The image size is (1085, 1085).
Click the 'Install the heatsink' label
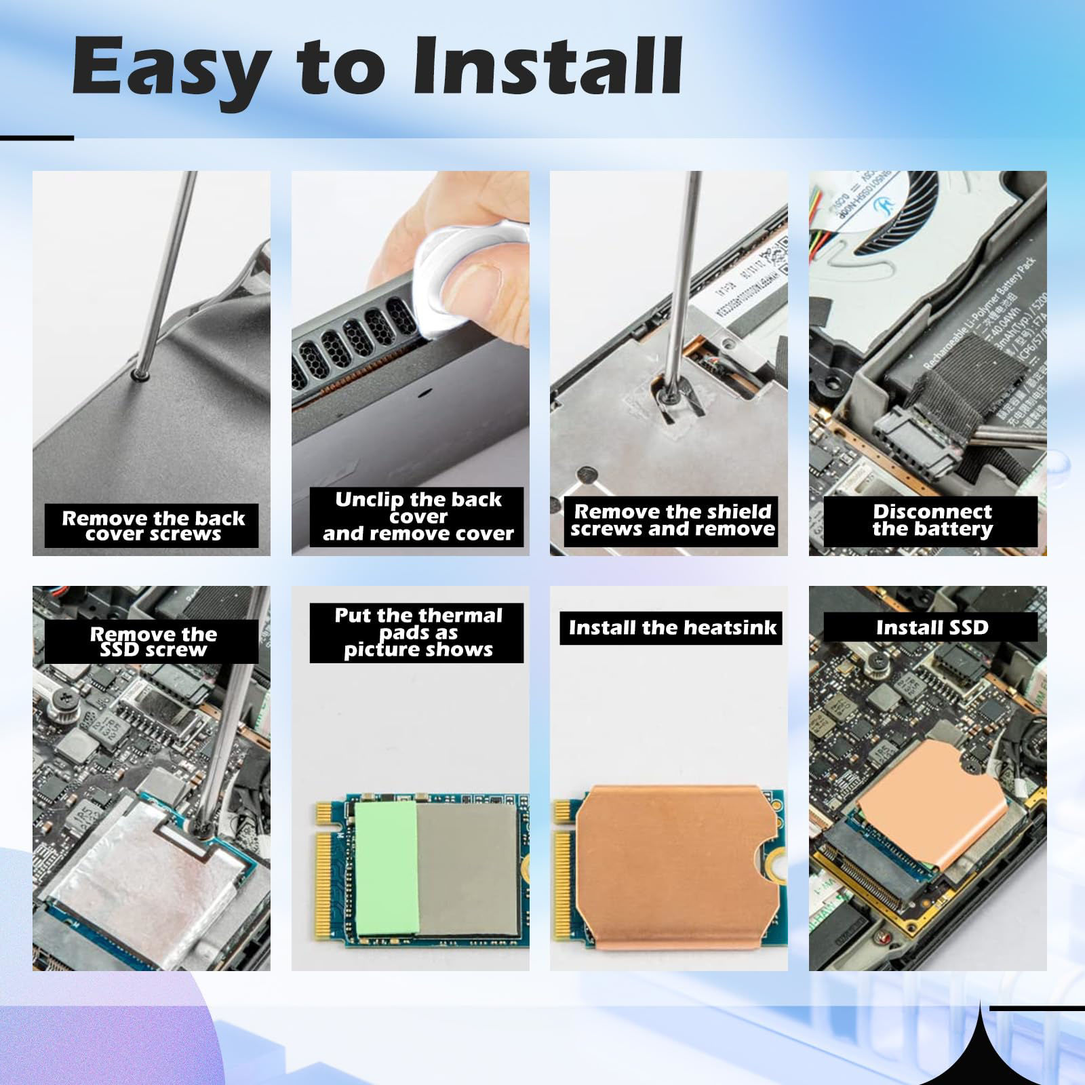[x=671, y=627]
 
